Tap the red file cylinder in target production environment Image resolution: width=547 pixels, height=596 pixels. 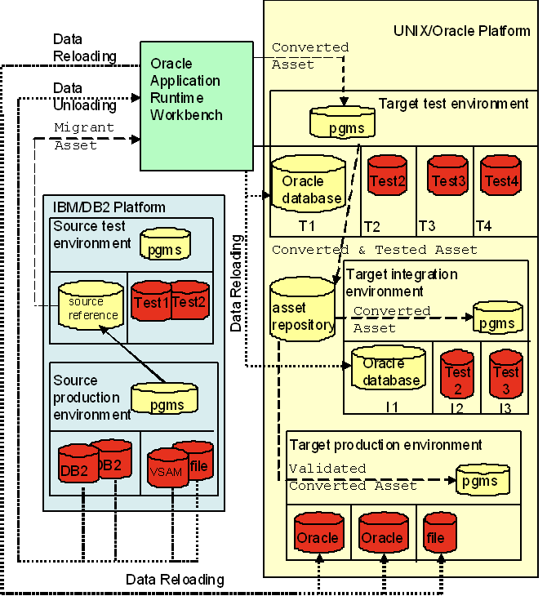click(436, 536)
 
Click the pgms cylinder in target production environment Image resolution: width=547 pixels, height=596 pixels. click(483, 480)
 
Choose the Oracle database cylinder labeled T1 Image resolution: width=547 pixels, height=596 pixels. click(309, 188)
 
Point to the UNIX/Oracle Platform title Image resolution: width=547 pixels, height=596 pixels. click(462, 31)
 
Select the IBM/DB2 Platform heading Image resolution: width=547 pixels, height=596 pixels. click(109, 207)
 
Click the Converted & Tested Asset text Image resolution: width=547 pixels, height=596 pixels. click(375, 249)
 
